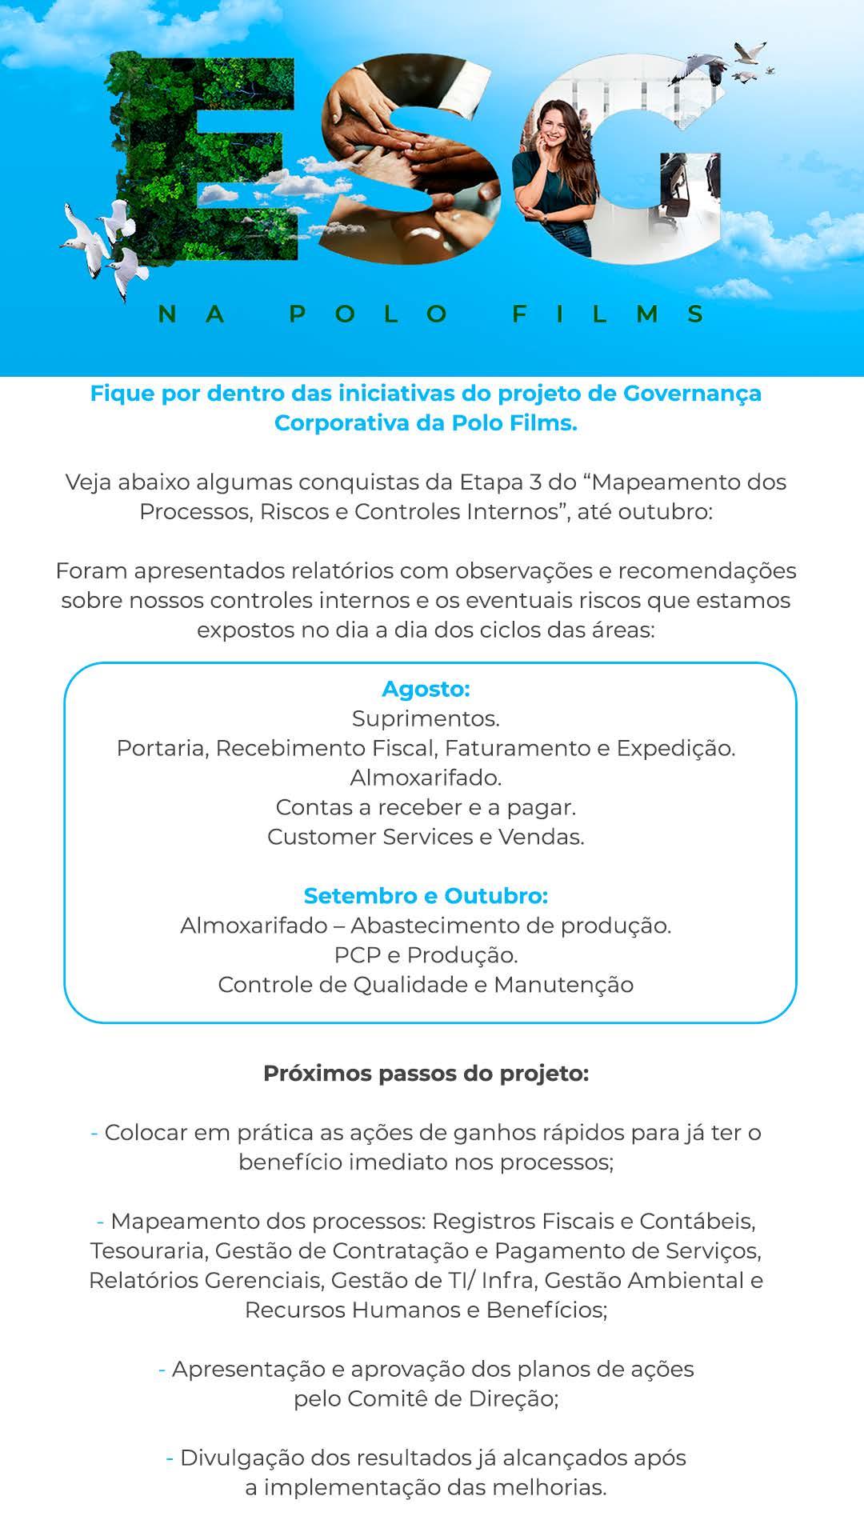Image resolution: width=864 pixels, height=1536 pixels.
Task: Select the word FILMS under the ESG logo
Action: tap(608, 314)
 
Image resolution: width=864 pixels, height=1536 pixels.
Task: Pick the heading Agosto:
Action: tap(426, 688)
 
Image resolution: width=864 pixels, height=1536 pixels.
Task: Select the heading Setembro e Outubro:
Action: tap(426, 895)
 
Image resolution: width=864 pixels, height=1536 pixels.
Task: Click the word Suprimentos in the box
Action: tap(425, 718)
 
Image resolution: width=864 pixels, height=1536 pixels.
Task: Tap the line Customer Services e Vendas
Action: tap(426, 837)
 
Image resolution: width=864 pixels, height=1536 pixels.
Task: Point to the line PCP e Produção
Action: tap(426, 954)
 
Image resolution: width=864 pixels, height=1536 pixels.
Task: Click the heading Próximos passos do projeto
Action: tap(426, 1073)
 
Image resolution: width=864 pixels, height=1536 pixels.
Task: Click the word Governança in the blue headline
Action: tap(692, 394)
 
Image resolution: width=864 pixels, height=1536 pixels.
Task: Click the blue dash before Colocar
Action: tap(94, 1133)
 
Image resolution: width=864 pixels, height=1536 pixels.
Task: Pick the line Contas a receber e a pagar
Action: tap(426, 807)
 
